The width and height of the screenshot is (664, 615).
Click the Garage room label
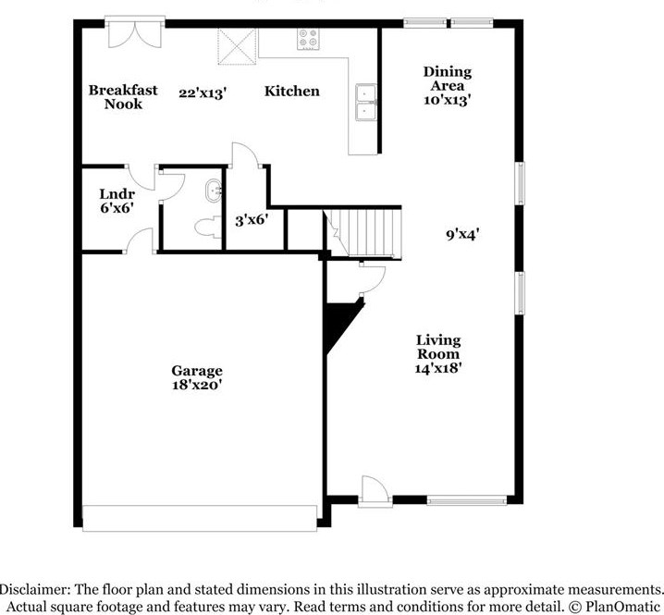pyautogui.click(x=196, y=371)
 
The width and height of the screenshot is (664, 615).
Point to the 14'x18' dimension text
pyautogui.click(x=437, y=367)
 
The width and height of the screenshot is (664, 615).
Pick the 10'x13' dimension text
pyautogui.click(x=448, y=101)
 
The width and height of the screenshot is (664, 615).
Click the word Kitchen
pyautogui.click(x=292, y=91)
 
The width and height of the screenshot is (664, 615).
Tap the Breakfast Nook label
pyautogui.click(x=123, y=97)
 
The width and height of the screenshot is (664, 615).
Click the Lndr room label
pyautogui.click(x=117, y=194)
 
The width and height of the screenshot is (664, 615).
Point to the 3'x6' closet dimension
pyautogui.click(x=251, y=220)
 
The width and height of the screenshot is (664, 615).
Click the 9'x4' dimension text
pyautogui.click(x=461, y=234)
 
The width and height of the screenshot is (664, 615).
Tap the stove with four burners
pyautogui.click(x=308, y=40)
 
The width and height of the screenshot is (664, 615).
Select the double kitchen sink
pyautogui.click(x=366, y=103)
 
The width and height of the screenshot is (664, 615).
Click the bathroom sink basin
pyautogui.click(x=213, y=191)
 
